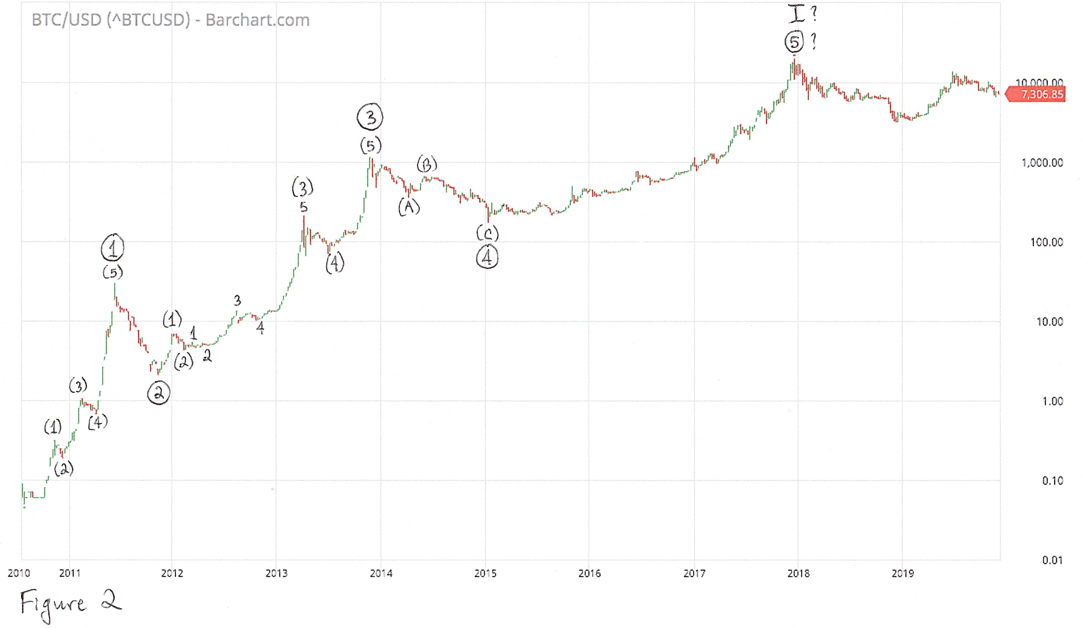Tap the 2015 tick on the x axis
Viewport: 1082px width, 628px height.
(x=485, y=573)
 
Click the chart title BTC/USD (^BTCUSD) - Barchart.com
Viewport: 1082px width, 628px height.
(x=171, y=20)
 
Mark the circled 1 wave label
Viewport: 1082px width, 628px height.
(x=112, y=248)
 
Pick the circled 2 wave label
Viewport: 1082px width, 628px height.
(x=158, y=393)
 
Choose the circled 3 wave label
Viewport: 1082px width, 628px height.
(x=370, y=117)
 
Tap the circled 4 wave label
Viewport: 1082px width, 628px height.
(x=487, y=257)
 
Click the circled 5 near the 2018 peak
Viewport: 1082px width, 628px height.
(x=794, y=42)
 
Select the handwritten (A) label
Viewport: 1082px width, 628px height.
(x=409, y=207)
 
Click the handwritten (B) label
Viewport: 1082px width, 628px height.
(x=427, y=164)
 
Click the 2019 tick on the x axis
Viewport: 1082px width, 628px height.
(x=903, y=573)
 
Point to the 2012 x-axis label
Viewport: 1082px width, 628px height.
(x=172, y=573)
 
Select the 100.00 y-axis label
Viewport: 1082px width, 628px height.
(x=1046, y=243)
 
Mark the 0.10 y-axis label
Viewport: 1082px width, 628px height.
(x=1052, y=481)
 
